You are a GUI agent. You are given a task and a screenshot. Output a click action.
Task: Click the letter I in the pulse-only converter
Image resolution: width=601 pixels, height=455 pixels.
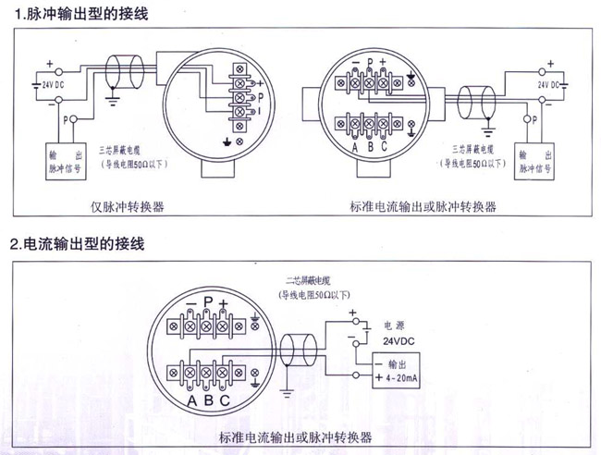pos(260,112)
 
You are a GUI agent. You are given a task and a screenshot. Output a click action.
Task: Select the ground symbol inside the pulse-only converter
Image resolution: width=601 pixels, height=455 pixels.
pos(227,141)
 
